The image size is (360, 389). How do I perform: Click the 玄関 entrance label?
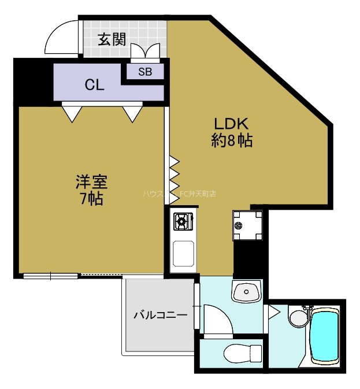point(112,39)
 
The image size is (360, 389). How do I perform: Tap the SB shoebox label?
point(146,72)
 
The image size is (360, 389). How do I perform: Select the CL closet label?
point(94,85)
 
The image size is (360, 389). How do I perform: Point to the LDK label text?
point(231,124)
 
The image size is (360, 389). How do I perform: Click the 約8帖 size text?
point(231,140)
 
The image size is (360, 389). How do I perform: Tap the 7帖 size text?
point(91,200)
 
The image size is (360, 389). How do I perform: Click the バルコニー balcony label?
point(160,316)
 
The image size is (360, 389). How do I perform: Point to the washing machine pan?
point(247,225)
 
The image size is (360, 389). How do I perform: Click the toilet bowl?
point(242,352)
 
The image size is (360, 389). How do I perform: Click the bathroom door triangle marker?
point(272,312)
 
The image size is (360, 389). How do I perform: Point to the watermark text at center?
point(179,194)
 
